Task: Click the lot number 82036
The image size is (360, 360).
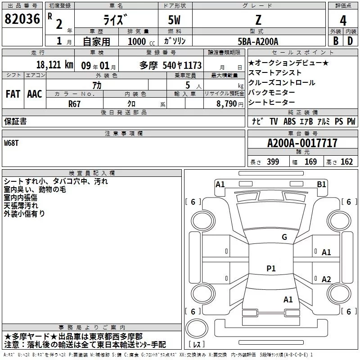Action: coord(22,19)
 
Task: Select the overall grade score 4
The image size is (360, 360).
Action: coord(343,21)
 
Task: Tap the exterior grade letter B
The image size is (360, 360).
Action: coord(336,41)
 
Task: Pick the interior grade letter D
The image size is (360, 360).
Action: coord(350,41)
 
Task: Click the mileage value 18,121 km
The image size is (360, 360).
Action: coord(55,65)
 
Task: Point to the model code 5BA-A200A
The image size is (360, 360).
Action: coord(258,41)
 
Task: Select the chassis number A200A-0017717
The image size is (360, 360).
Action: coord(302,143)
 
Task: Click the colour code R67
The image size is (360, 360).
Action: coord(74,104)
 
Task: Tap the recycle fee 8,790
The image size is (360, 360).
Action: coord(227,104)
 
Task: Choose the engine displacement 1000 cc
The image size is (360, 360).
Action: coord(141,41)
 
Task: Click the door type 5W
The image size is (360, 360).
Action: coord(174,20)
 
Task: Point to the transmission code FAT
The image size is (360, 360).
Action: coord(13,94)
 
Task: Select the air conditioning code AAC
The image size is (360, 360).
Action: coord(35,94)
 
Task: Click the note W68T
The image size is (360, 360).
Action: coord(11,143)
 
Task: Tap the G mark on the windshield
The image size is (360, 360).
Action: coord(284,237)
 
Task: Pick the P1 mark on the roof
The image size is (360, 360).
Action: coord(271,268)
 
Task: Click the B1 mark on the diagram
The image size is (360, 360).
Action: coord(321,184)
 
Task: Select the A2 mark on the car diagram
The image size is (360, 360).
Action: coord(326,279)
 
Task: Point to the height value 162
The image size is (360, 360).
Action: coord(346,162)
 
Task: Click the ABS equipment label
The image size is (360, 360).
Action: coord(289,121)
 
